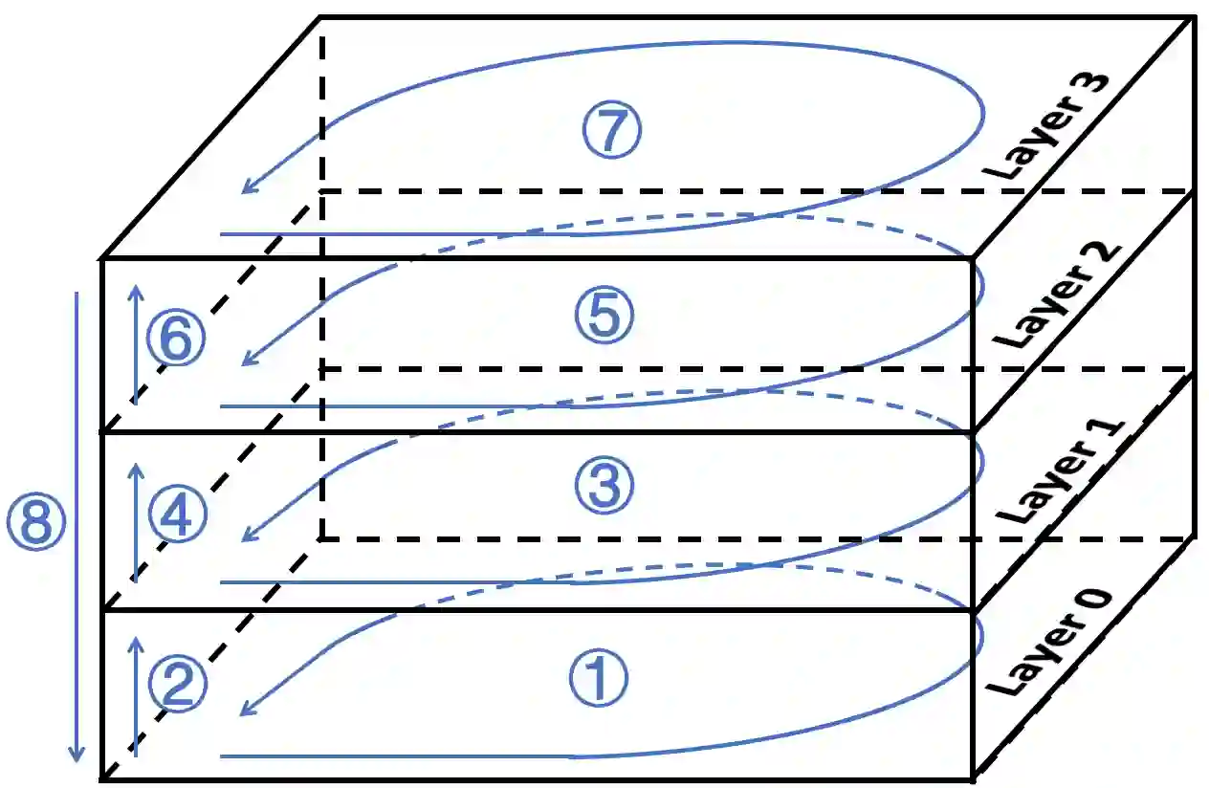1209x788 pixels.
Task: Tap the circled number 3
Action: [604, 485]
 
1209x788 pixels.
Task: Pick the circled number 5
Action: [604, 317]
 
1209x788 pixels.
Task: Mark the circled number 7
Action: [611, 130]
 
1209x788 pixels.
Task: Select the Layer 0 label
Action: [1049, 643]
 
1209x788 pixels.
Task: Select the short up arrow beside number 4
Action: [136, 521]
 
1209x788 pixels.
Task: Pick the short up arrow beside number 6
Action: [136, 344]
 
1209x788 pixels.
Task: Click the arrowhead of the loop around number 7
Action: [247, 189]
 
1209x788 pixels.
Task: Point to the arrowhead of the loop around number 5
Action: [247, 361]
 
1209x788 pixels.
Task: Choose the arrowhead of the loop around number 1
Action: [247, 711]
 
